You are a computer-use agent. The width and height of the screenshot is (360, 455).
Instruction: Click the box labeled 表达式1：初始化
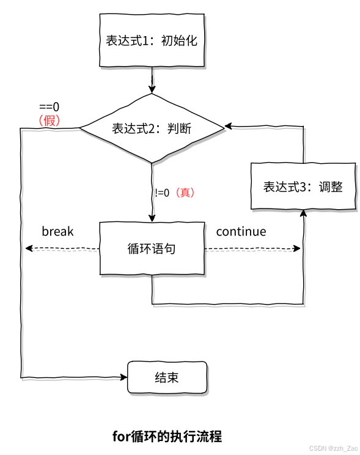point(152,41)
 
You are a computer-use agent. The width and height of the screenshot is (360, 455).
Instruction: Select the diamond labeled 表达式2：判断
point(152,128)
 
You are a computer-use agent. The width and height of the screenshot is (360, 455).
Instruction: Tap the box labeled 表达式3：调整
point(303,187)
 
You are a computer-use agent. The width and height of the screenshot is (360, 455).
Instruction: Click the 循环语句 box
point(152,249)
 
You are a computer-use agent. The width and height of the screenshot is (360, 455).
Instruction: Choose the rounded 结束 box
point(167,377)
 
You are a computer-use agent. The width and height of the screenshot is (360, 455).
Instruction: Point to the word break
point(57,231)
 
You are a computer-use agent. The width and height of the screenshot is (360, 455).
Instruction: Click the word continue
point(241,231)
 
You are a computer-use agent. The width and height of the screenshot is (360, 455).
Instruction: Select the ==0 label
point(49,107)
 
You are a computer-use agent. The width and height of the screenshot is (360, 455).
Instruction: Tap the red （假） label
point(49,120)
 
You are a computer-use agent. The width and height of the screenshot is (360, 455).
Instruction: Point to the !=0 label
point(162,193)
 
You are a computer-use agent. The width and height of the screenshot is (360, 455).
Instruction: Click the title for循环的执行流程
point(167,436)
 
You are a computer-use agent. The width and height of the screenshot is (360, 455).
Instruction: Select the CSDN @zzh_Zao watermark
point(333,448)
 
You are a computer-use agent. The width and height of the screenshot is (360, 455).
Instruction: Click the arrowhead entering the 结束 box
point(122,377)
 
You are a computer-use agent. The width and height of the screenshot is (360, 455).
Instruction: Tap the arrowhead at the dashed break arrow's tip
point(28,248)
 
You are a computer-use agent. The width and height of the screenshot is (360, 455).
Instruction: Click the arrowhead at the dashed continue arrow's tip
point(298,248)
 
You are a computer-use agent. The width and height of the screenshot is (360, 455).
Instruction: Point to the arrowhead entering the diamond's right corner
point(228,126)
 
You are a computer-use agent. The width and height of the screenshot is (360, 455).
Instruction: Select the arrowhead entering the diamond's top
point(152,90)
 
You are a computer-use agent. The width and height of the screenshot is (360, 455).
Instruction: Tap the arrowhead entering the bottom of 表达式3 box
point(303,213)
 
